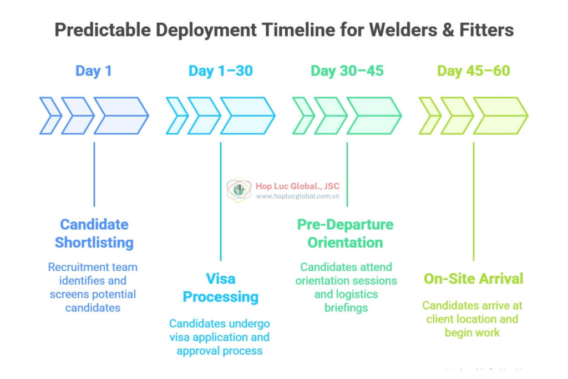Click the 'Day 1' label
click(x=94, y=71)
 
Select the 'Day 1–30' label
click(x=220, y=71)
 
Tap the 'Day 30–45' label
click(x=347, y=71)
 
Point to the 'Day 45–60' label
click(x=473, y=71)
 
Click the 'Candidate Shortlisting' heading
click(x=94, y=234)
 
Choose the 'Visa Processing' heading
click(x=220, y=287)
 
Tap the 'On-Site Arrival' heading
click(x=473, y=279)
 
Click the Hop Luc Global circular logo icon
click(x=239, y=190)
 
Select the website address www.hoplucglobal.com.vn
click(x=297, y=196)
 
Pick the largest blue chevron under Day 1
click(x=121, y=116)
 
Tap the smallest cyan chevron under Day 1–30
click(x=176, y=116)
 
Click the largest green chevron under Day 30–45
click(x=374, y=116)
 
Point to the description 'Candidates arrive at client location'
click(x=472, y=312)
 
